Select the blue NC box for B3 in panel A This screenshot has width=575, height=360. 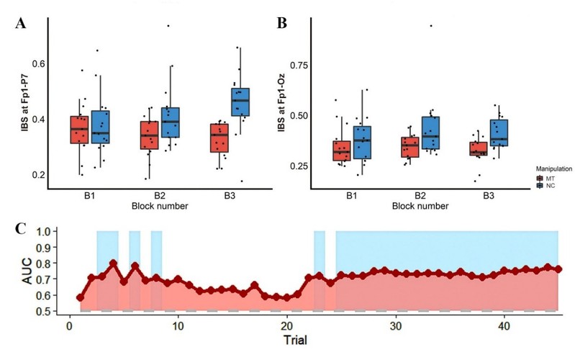click(240, 102)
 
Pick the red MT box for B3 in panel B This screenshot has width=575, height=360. click(478, 149)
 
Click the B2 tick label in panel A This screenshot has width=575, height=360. click(159, 196)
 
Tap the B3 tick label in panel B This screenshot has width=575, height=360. click(488, 196)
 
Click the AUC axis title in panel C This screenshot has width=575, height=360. click(28, 272)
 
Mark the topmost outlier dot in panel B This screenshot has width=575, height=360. click(431, 26)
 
